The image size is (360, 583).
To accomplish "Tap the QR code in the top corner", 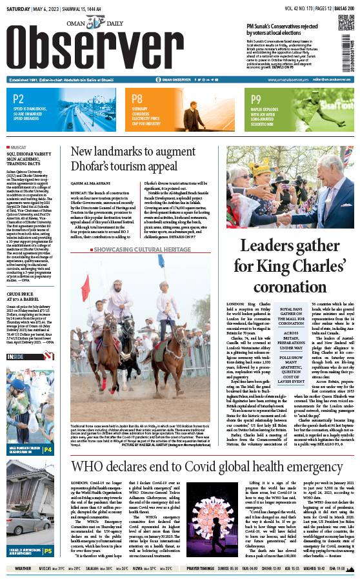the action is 342,52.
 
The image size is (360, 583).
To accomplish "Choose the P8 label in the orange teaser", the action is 137,99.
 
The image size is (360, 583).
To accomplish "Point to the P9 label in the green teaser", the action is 256,99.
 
